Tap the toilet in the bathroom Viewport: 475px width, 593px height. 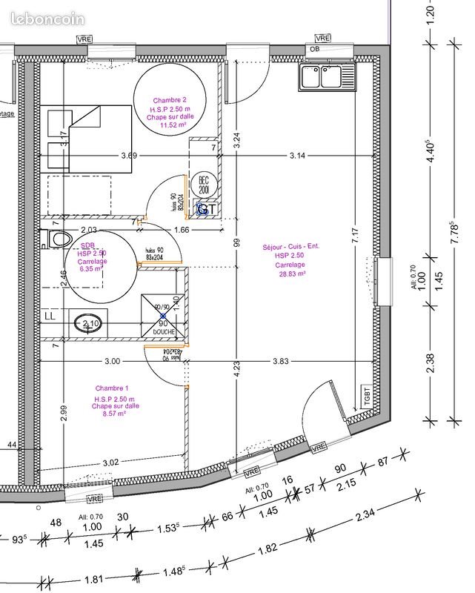point(58,239)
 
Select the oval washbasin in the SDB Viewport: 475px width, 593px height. point(84,323)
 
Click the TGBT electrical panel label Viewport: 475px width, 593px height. point(366,394)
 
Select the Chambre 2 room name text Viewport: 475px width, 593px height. point(170,100)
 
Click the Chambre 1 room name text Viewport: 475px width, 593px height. point(112,388)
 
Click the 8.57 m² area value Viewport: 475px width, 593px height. point(113,414)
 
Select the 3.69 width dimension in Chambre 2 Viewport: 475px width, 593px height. point(129,156)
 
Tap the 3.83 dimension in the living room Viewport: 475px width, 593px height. point(280,361)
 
